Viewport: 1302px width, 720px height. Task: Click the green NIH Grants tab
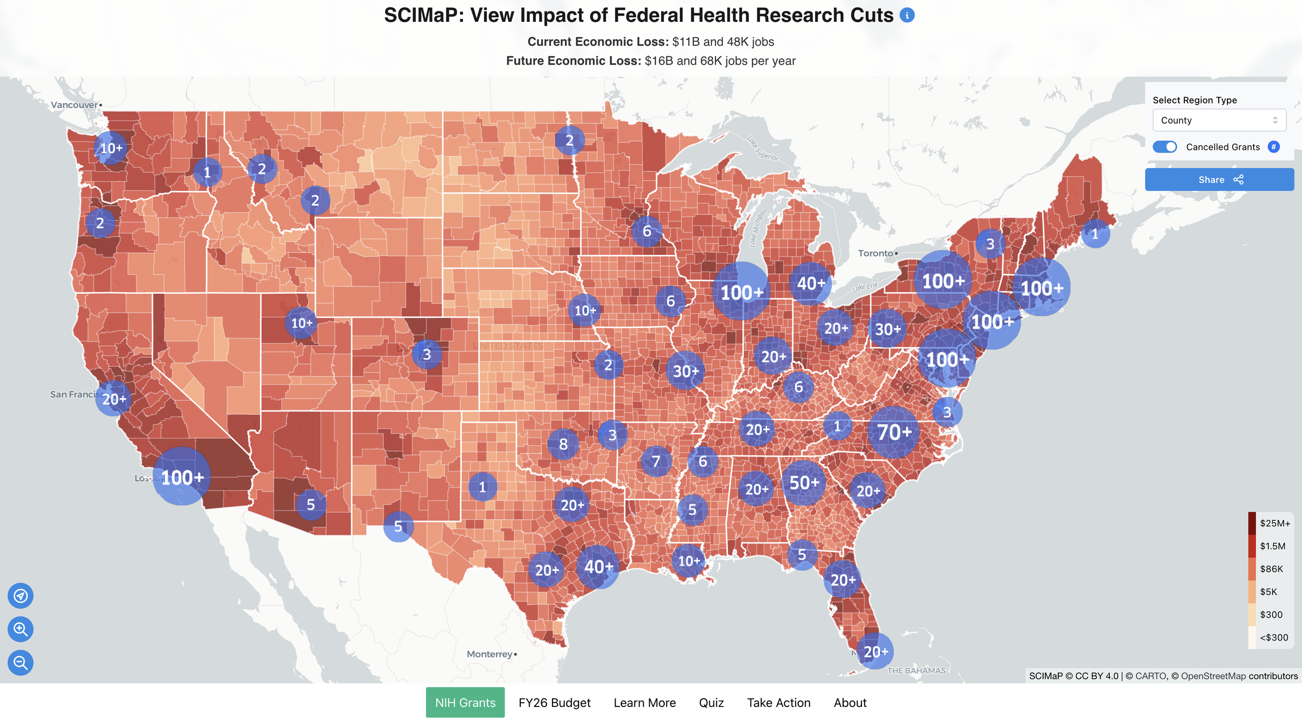pyautogui.click(x=465, y=702)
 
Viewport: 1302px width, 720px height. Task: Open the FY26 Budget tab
pyautogui.click(x=554, y=702)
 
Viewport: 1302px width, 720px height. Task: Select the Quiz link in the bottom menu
pyautogui.click(x=711, y=702)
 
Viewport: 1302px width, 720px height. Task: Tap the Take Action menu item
pyautogui.click(x=778, y=702)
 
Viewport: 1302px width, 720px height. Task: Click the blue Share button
pyautogui.click(x=1219, y=179)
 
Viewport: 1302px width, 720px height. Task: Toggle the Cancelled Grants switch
pyautogui.click(x=1165, y=147)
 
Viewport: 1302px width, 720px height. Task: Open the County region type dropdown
pyautogui.click(x=1219, y=120)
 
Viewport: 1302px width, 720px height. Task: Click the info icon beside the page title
pyautogui.click(x=907, y=15)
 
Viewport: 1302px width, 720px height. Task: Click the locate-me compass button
pyautogui.click(x=20, y=595)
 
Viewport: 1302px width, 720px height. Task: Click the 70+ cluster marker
pyautogui.click(x=894, y=432)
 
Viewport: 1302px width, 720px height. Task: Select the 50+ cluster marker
pyautogui.click(x=804, y=482)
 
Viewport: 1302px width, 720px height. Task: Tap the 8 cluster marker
pyautogui.click(x=563, y=444)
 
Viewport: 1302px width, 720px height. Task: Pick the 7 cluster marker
pyautogui.click(x=656, y=461)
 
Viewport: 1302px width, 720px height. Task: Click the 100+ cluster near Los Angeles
pyautogui.click(x=182, y=477)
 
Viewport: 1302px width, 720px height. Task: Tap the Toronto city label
pyautogui.click(x=875, y=253)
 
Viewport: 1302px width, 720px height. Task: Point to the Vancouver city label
pyautogui.click(x=74, y=105)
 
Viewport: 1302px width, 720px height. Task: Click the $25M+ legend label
pyautogui.click(x=1274, y=523)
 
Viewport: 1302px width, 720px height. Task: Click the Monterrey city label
pyautogui.click(x=490, y=654)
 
